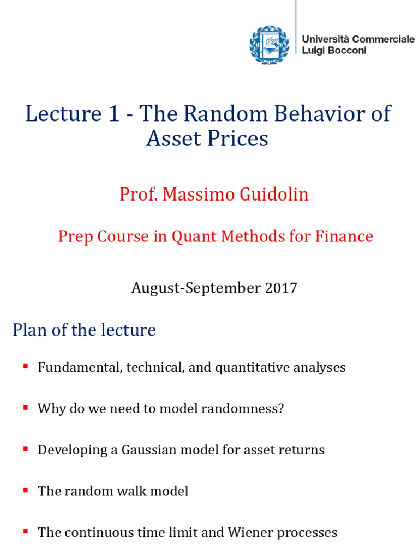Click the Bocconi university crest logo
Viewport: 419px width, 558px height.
coord(267,44)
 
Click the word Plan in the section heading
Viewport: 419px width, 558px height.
coord(30,330)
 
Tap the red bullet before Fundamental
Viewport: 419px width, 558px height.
coord(25,366)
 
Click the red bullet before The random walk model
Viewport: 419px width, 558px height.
coord(25,490)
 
